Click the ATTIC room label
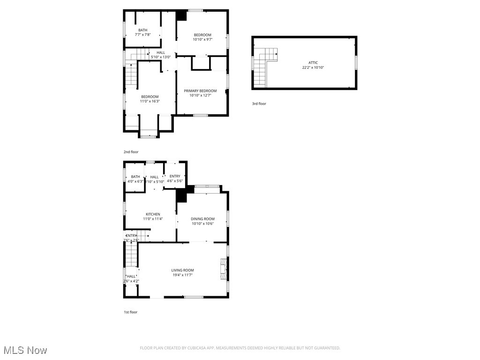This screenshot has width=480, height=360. [x=313, y=62]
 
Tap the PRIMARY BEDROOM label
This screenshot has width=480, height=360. [x=200, y=90]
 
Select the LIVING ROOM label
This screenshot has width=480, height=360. [x=182, y=270]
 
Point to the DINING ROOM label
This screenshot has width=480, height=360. [x=202, y=218]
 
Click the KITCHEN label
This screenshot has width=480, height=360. [x=153, y=214]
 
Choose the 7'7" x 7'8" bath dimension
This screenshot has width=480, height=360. [x=142, y=35]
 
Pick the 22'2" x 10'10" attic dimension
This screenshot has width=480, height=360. [x=313, y=67]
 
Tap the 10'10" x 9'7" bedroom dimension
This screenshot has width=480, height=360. [x=202, y=39]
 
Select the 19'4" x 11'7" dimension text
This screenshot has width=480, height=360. [x=182, y=275]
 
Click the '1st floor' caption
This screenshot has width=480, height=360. [x=130, y=312]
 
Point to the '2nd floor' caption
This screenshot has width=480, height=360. [x=131, y=152]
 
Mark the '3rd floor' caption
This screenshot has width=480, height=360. [x=259, y=104]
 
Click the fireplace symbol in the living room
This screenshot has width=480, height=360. [x=223, y=269]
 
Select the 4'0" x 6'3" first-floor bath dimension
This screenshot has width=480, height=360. [x=135, y=181]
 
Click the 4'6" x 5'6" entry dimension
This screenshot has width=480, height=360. [x=174, y=181]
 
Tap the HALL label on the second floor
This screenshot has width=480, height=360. [x=161, y=52]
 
